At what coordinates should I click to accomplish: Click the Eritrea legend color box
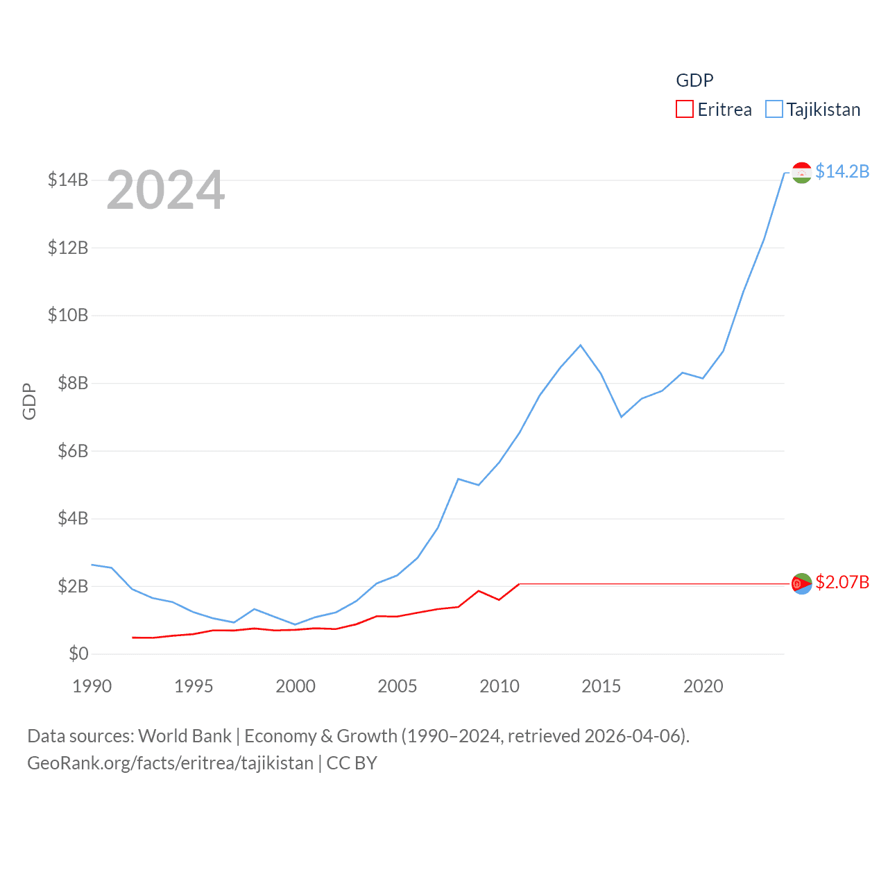coord(685,110)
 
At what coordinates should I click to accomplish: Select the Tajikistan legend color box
coord(774,110)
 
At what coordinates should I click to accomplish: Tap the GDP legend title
coord(694,80)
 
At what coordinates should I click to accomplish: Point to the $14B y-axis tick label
coord(68,180)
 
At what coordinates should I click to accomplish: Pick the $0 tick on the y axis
coord(78,654)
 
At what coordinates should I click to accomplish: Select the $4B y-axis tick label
coord(73,518)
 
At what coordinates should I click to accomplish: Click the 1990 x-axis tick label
coord(92,686)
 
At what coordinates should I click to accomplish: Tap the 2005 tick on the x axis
coord(398,686)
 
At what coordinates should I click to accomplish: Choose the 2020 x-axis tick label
coord(703,686)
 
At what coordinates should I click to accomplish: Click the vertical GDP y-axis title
coord(29,401)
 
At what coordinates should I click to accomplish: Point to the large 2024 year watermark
coord(166,190)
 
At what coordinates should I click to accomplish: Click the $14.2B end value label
coord(842,171)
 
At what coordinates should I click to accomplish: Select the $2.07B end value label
coord(842,582)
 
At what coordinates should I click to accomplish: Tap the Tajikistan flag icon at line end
coord(802,173)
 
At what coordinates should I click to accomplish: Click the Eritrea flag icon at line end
coord(802,584)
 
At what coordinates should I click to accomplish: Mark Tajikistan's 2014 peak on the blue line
coord(581,345)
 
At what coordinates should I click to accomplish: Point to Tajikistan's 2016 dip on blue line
coord(622,416)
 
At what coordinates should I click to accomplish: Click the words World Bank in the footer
coord(185,735)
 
